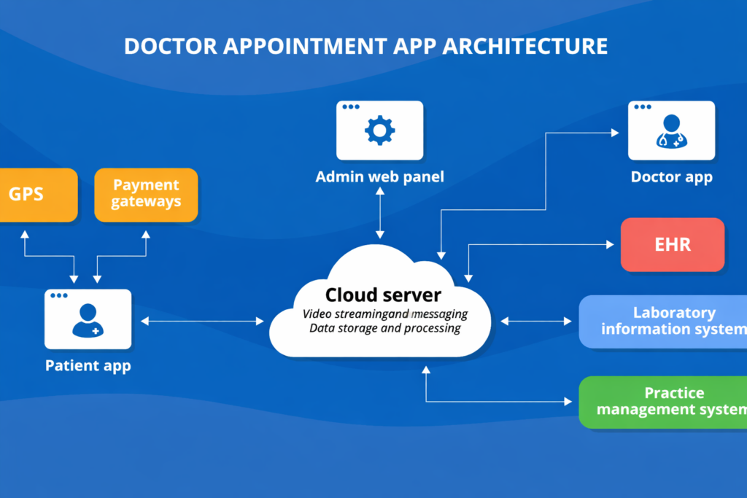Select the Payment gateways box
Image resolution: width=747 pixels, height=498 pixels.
(x=146, y=195)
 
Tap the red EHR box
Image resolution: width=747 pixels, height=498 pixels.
(x=672, y=244)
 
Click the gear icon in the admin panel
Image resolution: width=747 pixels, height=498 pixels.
(x=379, y=131)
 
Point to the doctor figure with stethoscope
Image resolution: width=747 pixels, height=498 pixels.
(x=671, y=131)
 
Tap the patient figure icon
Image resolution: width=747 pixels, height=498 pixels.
(x=88, y=319)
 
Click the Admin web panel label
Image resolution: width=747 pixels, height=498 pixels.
(x=379, y=177)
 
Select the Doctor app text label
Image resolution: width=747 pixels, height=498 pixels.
(x=671, y=177)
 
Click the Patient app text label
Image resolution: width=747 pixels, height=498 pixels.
(x=88, y=365)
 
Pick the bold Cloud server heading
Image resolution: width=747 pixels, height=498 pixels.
(x=383, y=295)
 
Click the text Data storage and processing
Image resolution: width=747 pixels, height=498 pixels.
(x=384, y=329)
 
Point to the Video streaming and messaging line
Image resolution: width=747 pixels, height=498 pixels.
(x=384, y=314)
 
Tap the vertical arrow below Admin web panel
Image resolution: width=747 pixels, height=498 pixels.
(x=379, y=212)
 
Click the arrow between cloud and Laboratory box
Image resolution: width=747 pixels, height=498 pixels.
(x=535, y=321)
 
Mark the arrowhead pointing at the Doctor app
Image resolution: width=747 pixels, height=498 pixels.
(x=614, y=133)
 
